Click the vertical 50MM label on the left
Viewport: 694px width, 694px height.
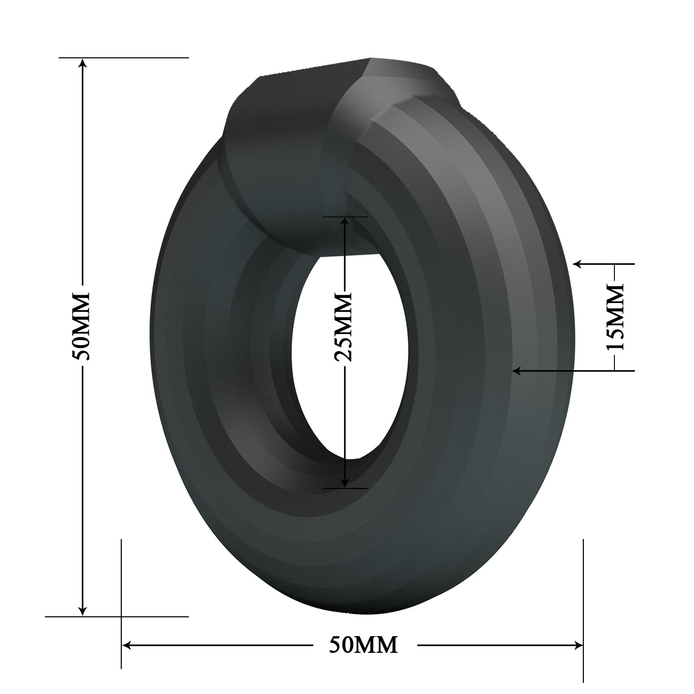point(83,326)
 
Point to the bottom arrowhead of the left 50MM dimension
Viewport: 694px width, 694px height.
point(83,611)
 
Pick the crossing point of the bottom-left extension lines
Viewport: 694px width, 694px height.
point(121,616)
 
